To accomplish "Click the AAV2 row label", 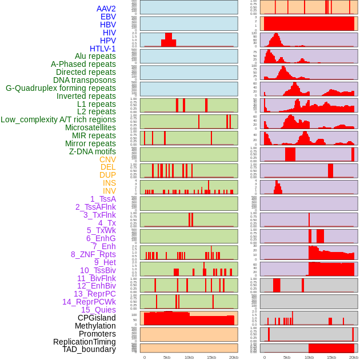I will click(106, 9).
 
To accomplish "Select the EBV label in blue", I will click(108, 17).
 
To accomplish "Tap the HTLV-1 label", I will click(103, 49).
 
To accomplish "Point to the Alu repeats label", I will click(95, 56).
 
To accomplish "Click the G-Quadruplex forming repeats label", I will click(61, 88).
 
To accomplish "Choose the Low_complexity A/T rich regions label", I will click(58, 119).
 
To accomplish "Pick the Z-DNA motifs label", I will click(93, 151).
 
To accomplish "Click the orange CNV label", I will click(107, 159).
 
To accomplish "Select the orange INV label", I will click(109, 191).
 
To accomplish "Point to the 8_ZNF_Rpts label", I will click(93, 254).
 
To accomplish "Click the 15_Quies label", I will click(98, 310).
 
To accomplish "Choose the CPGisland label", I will click(97, 318).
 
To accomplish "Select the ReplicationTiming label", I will click(85, 342).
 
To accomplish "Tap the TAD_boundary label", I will click(89, 349).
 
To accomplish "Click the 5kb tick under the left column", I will click(167, 357).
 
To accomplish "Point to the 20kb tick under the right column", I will click(354, 357).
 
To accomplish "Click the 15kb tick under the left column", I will click(211, 357).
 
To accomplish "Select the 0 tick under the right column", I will click(264, 357).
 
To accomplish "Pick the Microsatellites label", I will click(90, 127).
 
